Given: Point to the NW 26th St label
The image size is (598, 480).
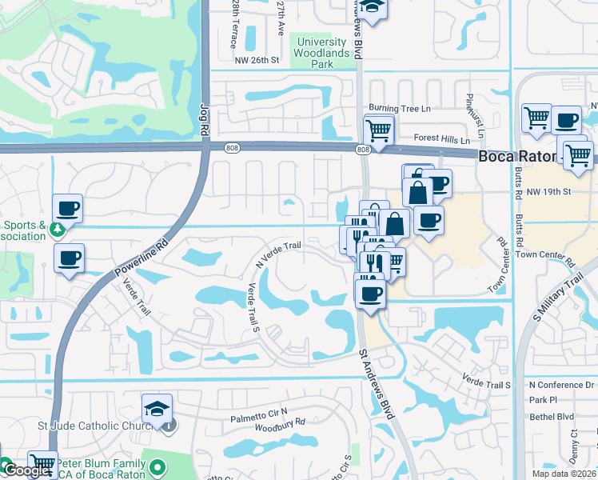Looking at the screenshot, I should (x=257, y=60).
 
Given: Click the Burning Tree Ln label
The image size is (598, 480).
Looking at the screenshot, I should (x=399, y=108).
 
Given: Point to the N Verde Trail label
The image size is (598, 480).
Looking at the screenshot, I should (x=278, y=254).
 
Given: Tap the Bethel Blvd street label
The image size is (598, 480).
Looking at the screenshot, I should (x=552, y=417).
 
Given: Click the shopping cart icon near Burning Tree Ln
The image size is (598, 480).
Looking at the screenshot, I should (x=378, y=129).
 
